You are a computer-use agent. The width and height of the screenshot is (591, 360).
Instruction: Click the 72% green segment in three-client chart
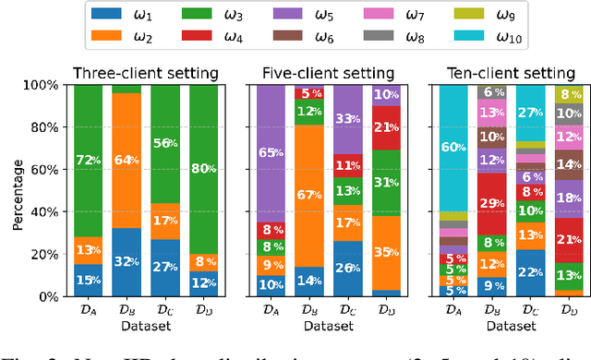[x=88, y=161]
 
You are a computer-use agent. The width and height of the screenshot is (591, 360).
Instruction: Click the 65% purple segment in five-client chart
[x=268, y=153]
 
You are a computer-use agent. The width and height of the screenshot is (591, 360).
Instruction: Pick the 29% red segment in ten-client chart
[x=491, y=202]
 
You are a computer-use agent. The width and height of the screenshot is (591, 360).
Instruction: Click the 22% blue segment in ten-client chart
[x=530, y=273]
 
